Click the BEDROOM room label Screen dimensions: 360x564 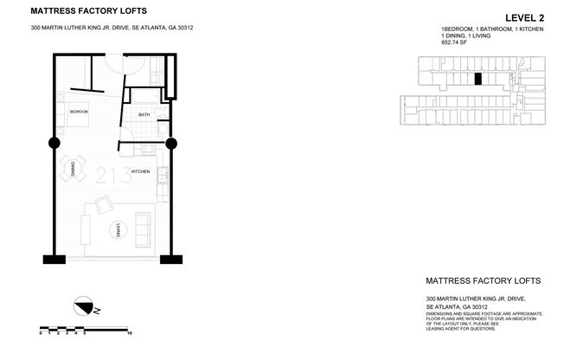click(80, 112)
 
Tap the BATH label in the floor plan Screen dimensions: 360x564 click(144, 114)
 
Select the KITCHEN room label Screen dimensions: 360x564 click(141, 172)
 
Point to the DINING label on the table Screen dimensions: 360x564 click(74, 167)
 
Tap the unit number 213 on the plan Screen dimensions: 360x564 click(113, 173)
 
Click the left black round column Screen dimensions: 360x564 click(54, 143)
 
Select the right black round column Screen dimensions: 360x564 click(170, 143)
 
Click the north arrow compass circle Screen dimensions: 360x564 click(85, 305)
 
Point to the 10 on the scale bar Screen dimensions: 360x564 click(129, 333)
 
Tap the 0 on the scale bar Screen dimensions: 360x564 click(41, 333)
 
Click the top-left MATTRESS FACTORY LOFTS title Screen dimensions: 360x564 click(88, 11)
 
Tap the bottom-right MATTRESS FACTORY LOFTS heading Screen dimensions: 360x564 click(484, 280)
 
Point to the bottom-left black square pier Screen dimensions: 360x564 click(53, 258)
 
